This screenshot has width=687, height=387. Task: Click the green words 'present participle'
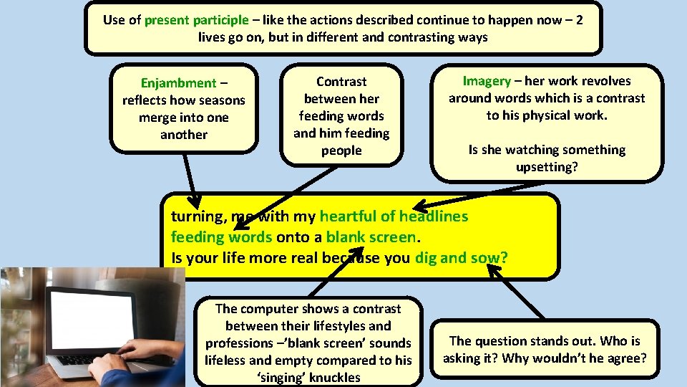coord(197,19)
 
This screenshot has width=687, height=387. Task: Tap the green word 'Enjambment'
coord(178,83)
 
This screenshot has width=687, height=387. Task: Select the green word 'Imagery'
coord(487,81)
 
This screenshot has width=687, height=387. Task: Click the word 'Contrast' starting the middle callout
coord(341,82)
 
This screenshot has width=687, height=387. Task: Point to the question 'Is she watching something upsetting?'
coord(547,158)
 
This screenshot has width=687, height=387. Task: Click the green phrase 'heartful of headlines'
coord(394,216)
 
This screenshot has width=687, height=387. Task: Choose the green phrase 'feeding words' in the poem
coord(221,237)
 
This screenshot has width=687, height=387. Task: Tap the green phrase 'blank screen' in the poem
coord(371,237)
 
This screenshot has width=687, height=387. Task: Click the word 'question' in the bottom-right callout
coord(506,341)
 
